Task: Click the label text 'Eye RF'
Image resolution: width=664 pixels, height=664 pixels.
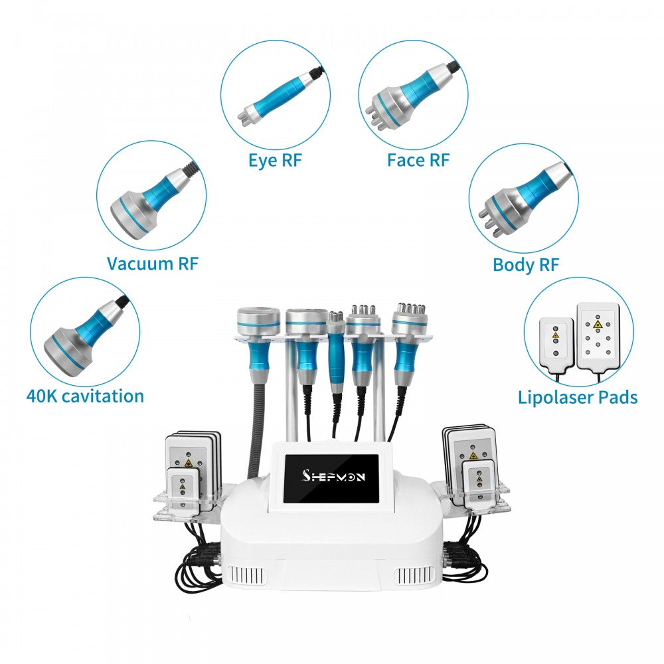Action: [x=279, y=160]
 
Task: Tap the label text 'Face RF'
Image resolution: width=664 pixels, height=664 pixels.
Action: [x=418, y=160]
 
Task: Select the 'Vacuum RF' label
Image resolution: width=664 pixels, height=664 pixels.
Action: [x=152, y=264]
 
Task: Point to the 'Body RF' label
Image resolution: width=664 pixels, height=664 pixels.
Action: [x=526, y=264]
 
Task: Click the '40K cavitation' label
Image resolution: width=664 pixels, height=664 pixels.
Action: [x=85, y=396]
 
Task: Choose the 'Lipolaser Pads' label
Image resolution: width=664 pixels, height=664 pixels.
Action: [x=578, y=397]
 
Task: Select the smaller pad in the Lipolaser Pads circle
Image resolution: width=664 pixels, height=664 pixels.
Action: [x=556, y=342]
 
